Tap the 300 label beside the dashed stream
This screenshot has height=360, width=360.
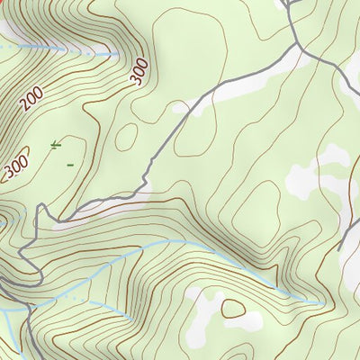(x=138, y=71)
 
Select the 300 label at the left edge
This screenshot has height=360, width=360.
(x=13, y=168)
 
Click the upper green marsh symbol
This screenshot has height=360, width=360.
(x=56, y=144)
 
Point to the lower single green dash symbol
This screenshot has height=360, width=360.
(x=70, y=164)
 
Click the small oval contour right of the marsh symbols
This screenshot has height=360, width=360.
(x=127, y=136)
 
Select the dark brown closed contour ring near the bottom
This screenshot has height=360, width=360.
(x=236, y=309)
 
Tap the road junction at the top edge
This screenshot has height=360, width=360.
(x=286, y=4)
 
